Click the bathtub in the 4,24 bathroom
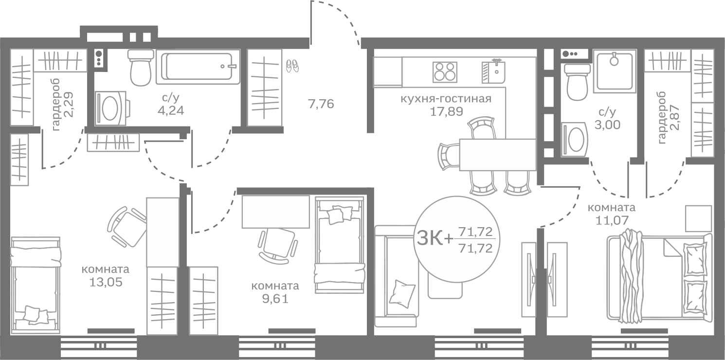[198, 66]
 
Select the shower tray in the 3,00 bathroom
[615, 71]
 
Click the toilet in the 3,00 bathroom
[577, 82]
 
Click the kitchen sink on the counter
[493, 72]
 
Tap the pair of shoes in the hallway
[292, 66]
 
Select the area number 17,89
[446, 111]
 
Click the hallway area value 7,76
[321, 104]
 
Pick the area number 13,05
[106, 282]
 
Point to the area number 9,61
[275, 299]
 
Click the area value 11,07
[612, 220]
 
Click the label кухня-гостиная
[446, 98]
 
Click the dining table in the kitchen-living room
[497, 155]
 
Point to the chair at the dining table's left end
[449, 156]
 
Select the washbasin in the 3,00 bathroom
[575, 139]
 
